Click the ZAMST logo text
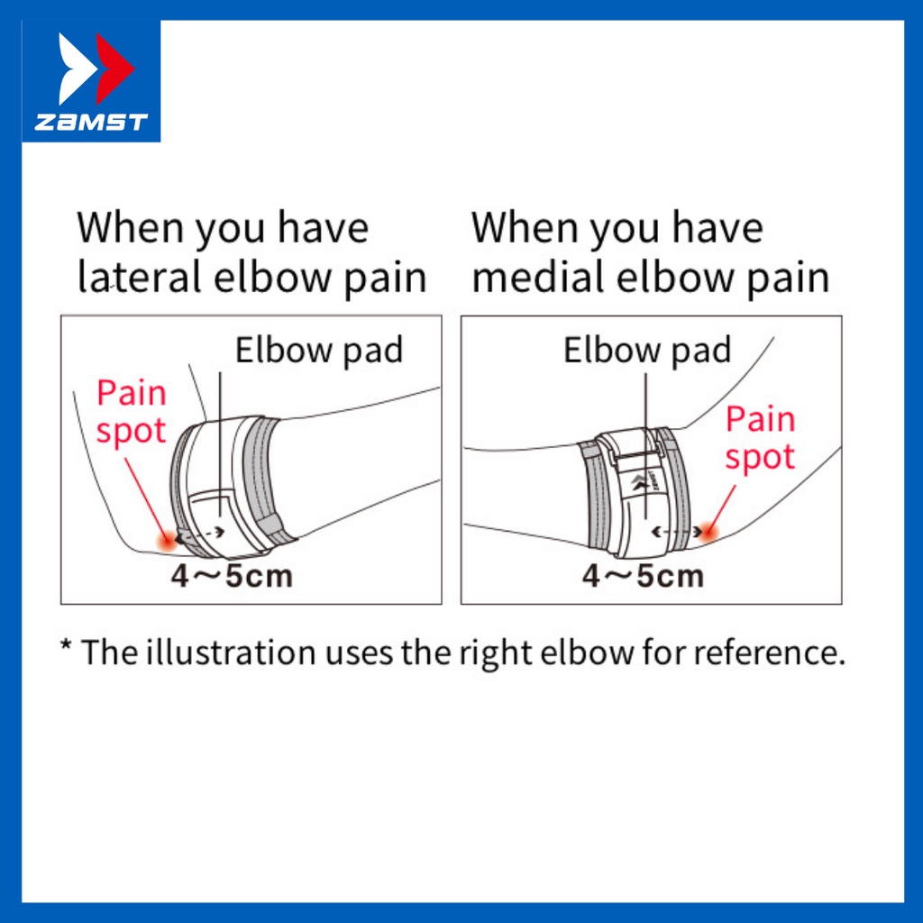coord(90,123)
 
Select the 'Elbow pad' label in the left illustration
coord(318,351)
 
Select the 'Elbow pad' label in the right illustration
coord(646,351)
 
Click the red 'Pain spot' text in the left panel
coord(132,412)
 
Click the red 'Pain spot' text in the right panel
coord(760,438)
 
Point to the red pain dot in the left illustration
coord(168,540)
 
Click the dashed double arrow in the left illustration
coord(202,533)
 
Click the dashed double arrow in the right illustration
coord(678,532)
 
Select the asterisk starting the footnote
coord(66,649)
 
